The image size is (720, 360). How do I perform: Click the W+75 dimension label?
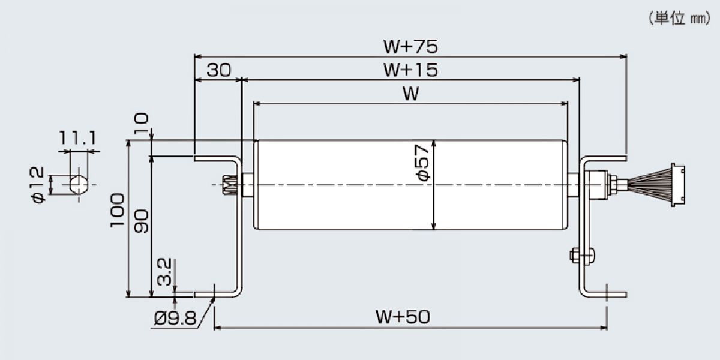coord(410,47)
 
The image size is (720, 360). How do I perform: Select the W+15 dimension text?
coord(410,70)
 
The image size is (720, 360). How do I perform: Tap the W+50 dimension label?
coord(403,317)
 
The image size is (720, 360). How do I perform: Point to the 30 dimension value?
coord(218,70)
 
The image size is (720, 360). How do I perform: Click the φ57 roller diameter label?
coord(423,163)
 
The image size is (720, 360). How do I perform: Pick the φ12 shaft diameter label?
coord(38,185)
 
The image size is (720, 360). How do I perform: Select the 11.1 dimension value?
coord(77,139)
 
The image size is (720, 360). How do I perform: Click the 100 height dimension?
coord(117,210)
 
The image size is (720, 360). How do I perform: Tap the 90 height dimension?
coord(142,221)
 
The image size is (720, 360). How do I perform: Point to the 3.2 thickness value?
coord(164,272)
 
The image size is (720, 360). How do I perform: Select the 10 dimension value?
coord(141,124)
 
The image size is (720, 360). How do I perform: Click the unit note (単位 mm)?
coord(679,19)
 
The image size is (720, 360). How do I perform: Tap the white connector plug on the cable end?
coord(678,185)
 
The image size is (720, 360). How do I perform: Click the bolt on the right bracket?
coord(582,256)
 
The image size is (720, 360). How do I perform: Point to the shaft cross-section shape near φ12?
coord(79,185)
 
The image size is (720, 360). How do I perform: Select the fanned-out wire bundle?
coord(650,185)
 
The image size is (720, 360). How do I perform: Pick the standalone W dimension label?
coord(411,94)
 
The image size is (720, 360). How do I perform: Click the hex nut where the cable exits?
coord(613,185)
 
